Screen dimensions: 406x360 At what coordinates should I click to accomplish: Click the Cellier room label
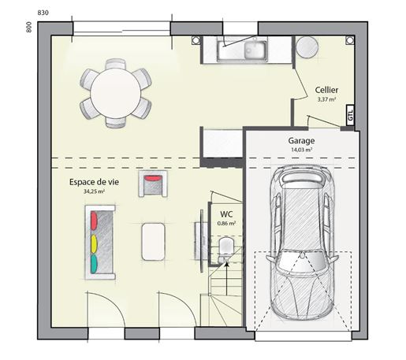pos(326,90)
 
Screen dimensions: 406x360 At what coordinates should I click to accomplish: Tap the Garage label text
pos(301,141)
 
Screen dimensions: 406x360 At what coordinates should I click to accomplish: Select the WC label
pos(226,214)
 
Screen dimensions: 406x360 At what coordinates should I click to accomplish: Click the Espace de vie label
pos(94,182)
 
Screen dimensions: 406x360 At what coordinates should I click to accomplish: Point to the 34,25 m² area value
pos(94,191)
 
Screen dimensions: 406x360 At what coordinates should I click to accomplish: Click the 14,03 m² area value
pos(302,150)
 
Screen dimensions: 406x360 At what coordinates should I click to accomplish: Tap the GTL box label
pos(350,115)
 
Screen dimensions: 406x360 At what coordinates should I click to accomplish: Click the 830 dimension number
pos(43,13)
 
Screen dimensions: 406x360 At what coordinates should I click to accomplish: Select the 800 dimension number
pos(29,27)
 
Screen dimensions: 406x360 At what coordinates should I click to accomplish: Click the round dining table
pos(116,93)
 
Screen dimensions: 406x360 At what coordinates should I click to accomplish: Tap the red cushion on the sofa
pos(94,221)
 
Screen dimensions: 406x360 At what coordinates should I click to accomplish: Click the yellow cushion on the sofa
pos(94,244)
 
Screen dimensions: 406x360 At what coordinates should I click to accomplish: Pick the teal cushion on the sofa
pos(94,264)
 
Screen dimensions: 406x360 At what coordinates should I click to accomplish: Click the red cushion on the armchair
pos(154,179)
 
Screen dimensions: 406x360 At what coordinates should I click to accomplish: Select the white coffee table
pos(153,242)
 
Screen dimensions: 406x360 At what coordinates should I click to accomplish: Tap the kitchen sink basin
pos(254,50)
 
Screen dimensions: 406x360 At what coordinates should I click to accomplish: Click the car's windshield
pos(303,261)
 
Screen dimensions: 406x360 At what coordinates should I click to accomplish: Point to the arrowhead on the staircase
pos(226,264)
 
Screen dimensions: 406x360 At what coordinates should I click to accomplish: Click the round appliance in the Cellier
pos(307,47)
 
